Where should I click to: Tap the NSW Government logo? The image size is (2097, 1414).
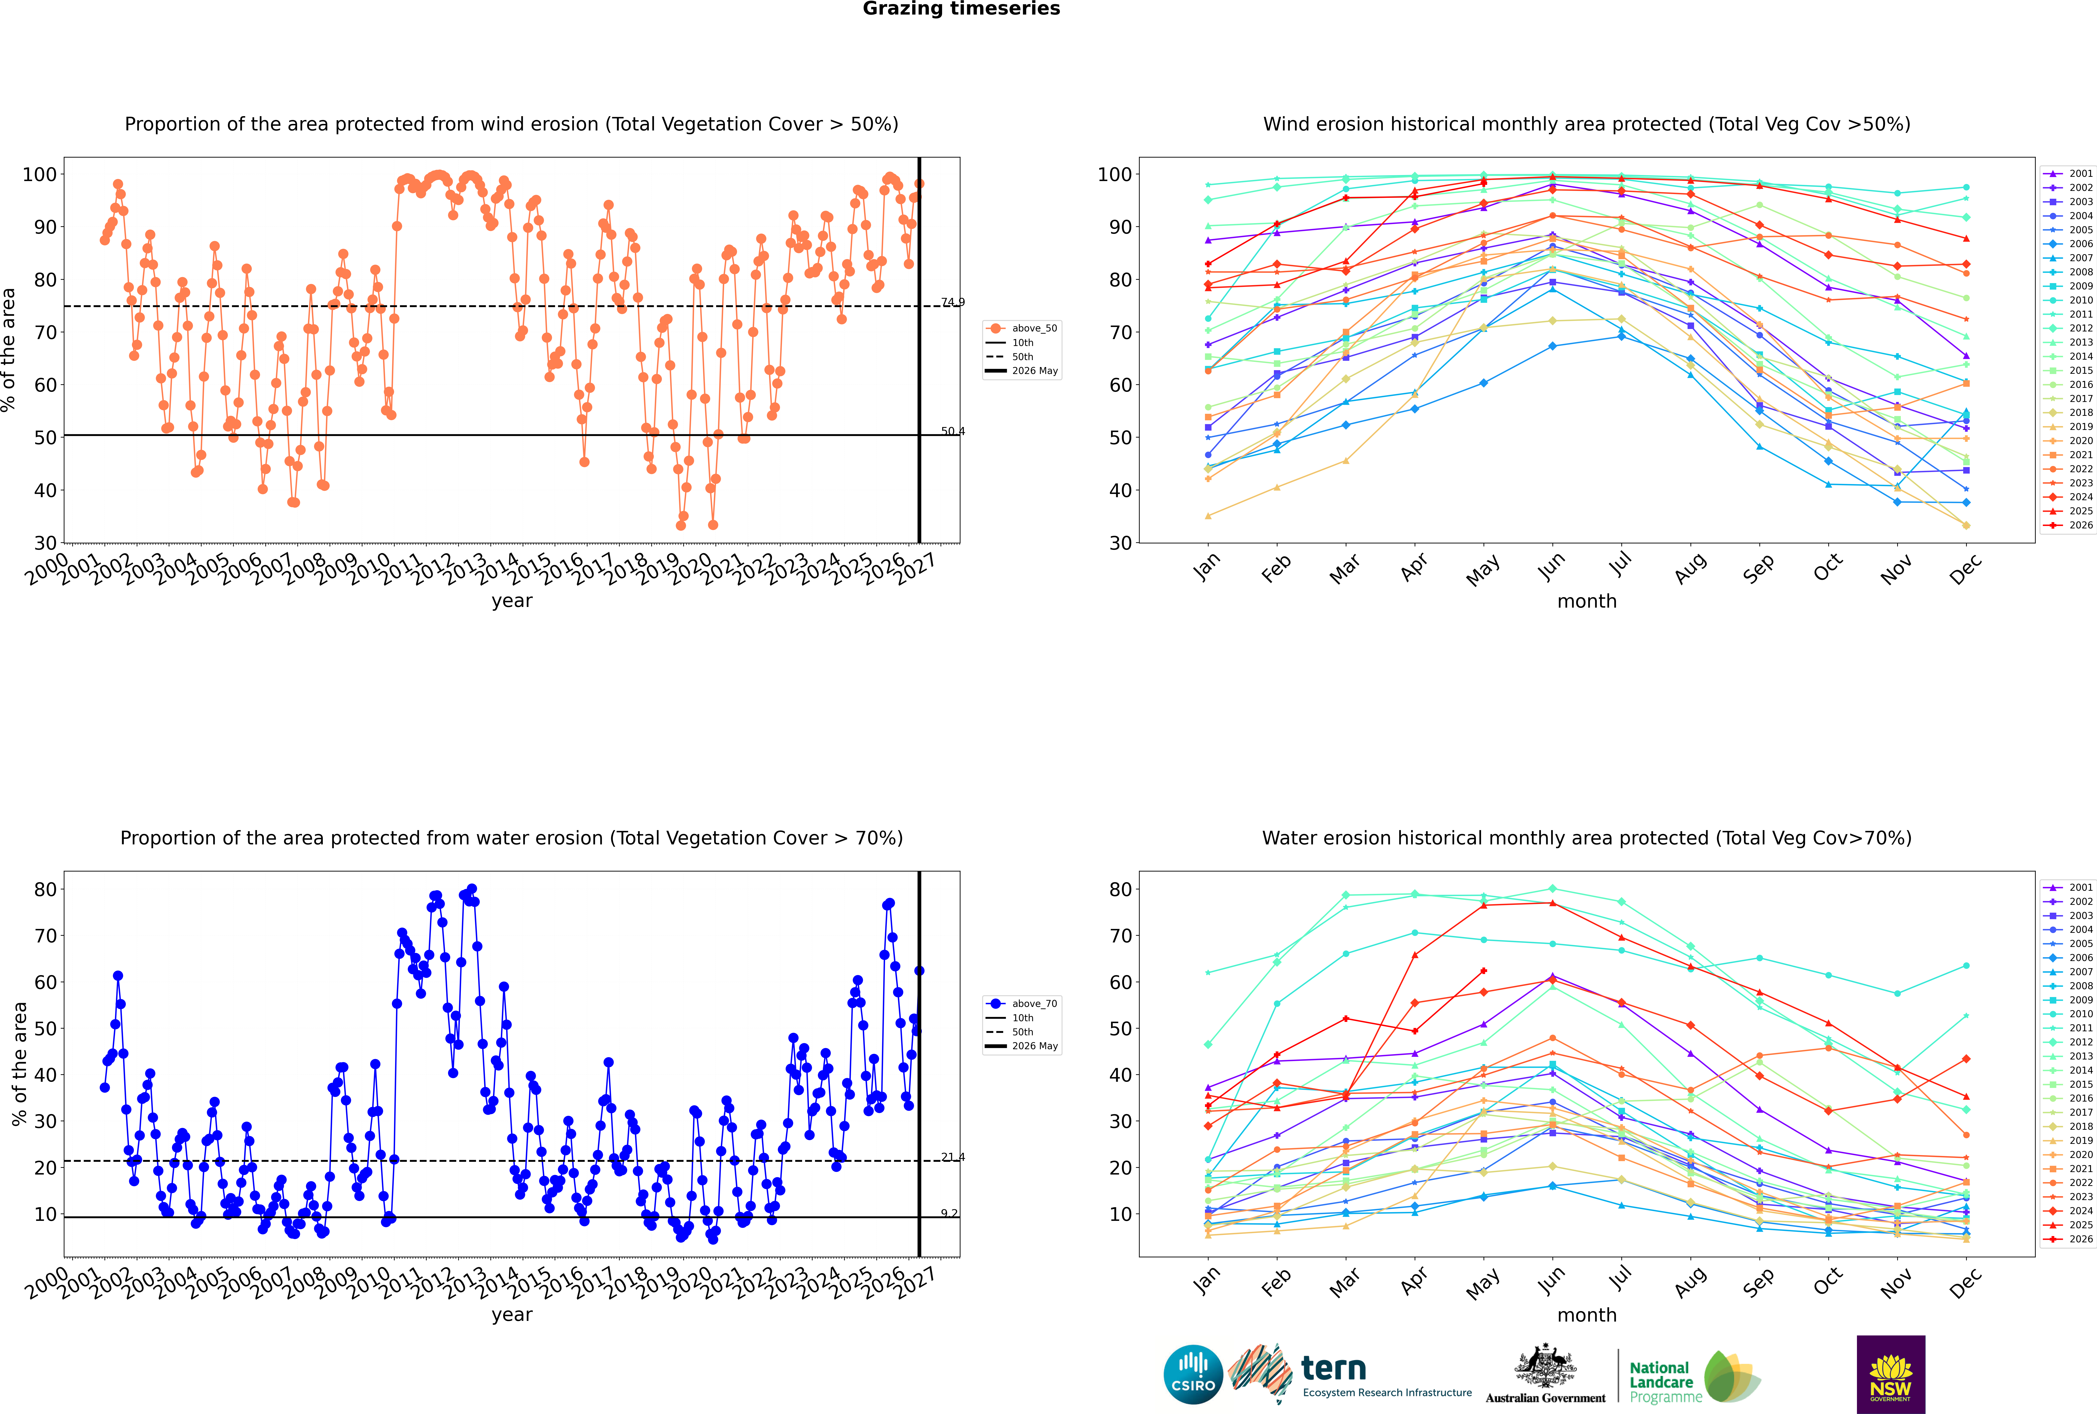(x=1890, y=1374)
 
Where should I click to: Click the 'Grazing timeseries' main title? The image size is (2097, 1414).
(x=961, y=9)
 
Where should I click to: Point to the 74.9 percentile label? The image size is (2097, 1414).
(x=953, y=302)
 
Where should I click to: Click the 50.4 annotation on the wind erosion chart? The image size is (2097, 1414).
(x=953, y=431)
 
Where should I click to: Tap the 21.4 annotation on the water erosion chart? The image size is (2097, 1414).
(x=953, y=1157)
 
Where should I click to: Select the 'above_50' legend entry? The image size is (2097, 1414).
(x=1022, y=328)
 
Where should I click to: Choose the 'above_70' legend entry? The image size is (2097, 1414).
(x=1022, y=1004)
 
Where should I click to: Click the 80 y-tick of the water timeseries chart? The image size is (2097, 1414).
(x=46, y=889)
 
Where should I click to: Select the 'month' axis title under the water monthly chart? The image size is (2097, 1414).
(x=1587, y=1315)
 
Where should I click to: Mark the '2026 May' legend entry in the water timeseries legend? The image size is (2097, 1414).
(x=1022, y=1046)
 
